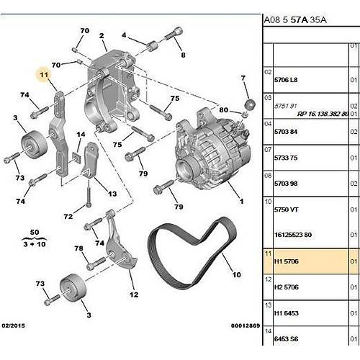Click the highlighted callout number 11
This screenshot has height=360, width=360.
pos(43,74)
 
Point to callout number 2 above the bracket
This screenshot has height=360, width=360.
pos(102,36)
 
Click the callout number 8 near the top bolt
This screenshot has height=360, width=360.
pos(182,54)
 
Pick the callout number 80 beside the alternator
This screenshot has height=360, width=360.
pos(223,110)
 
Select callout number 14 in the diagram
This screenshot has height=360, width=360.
pos(81,135)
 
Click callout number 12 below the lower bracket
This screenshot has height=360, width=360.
pos(133,294)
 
